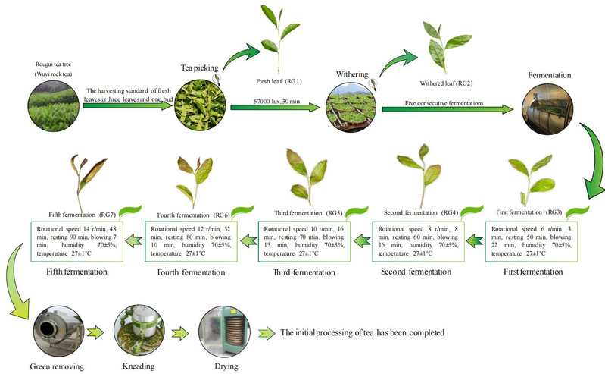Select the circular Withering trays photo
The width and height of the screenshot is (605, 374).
click(349, 110)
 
